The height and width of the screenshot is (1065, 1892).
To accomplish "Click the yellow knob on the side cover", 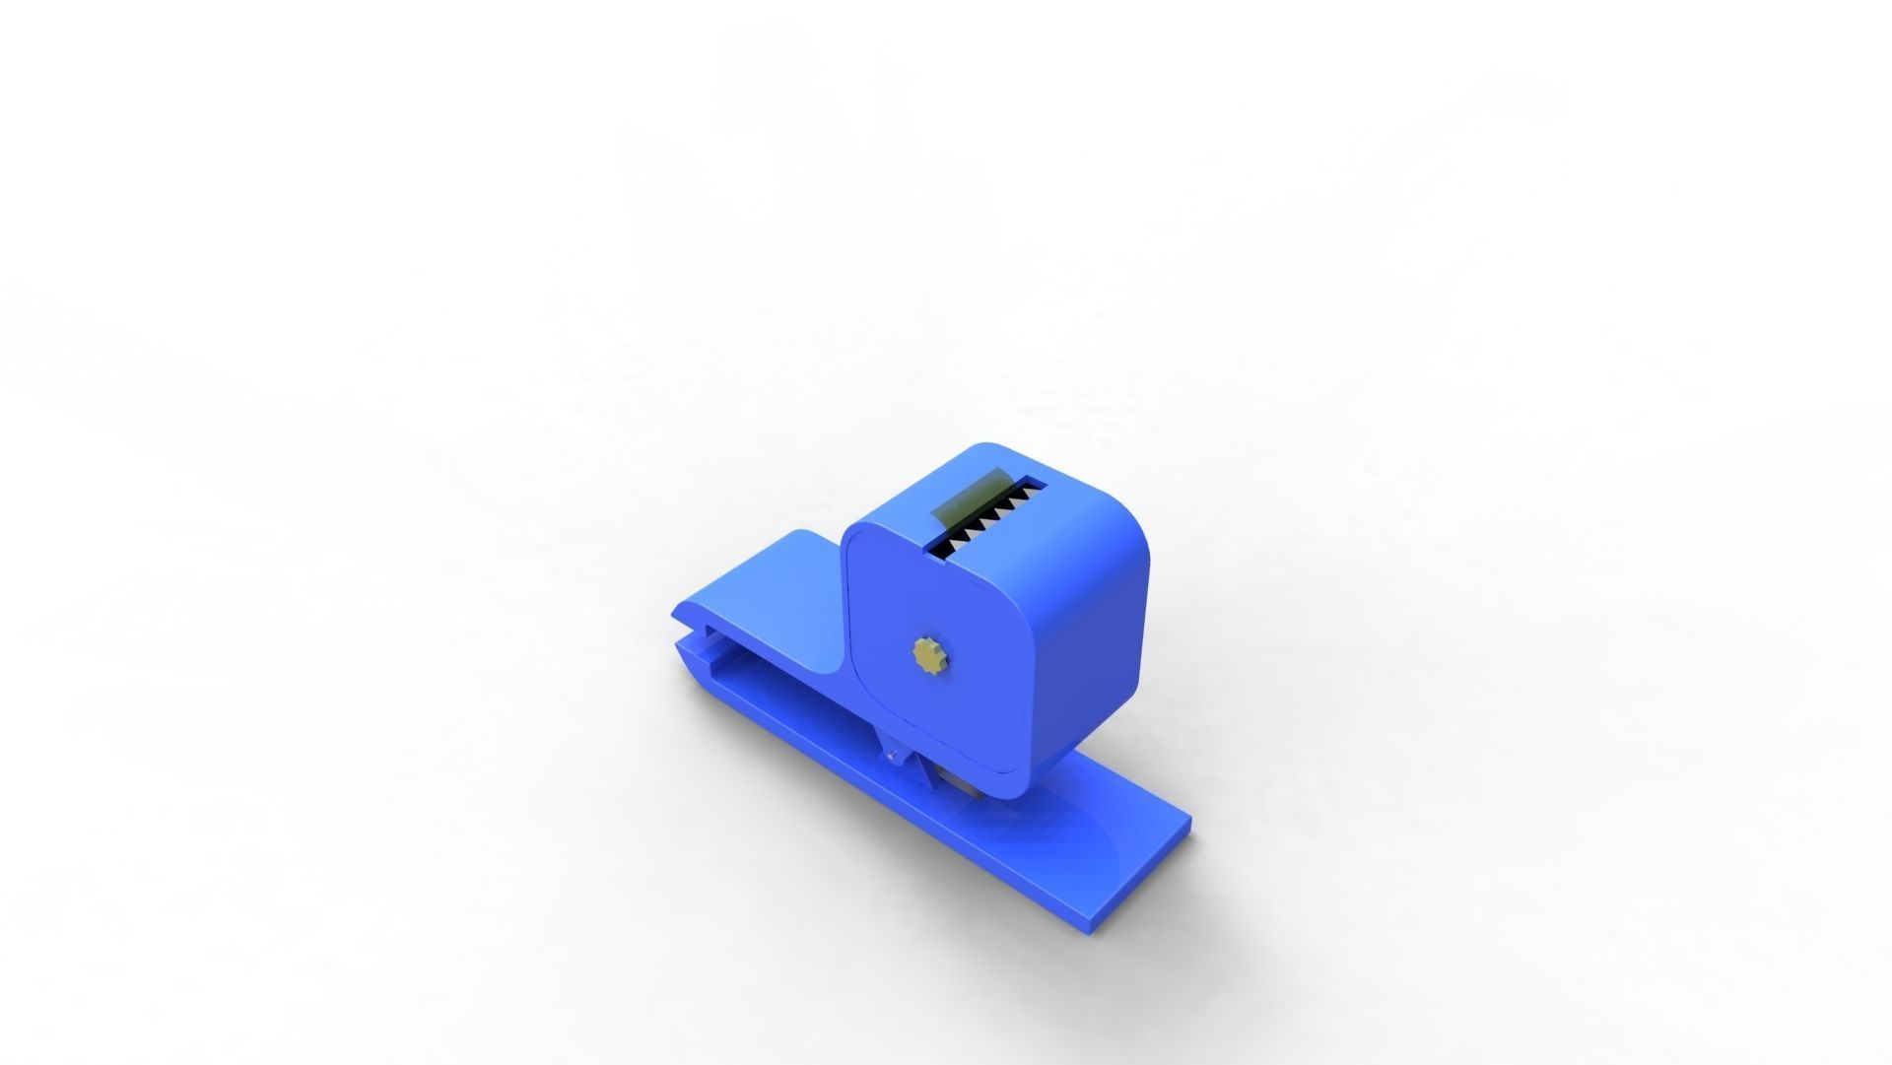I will coord(928,653).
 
